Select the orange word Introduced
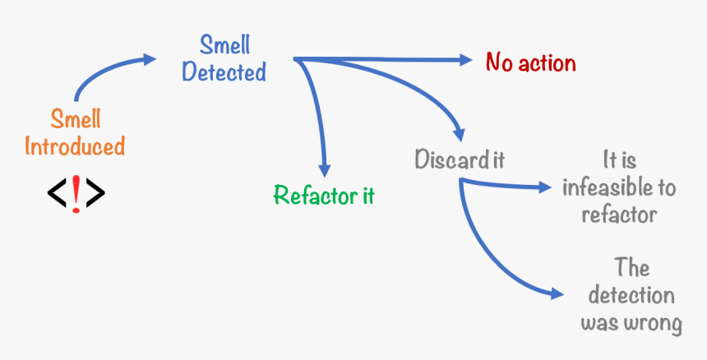75,147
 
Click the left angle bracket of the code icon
57,193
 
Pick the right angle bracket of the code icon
95,193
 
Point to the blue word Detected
224,72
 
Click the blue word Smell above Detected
224,44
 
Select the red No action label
531,62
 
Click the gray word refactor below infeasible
619,215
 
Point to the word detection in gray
631,296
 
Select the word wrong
653,323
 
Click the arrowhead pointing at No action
465,60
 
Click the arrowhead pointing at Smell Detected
148,59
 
